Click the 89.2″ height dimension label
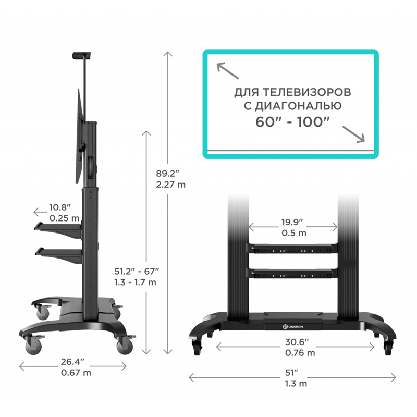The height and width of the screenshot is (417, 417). pos(167,174)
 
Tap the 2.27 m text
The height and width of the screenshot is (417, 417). pos(170,185)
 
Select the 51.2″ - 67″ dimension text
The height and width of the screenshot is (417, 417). pos(137,271)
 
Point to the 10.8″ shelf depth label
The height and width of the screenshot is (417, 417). pos(60,207)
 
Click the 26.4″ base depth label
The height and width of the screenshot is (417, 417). pos(72,362)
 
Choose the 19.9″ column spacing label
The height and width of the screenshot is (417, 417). pos(292,222)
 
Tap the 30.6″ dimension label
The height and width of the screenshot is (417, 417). pos(297,342)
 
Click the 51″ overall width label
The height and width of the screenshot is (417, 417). pos(292,373)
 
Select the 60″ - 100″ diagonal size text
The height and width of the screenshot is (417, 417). pos(292,122)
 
